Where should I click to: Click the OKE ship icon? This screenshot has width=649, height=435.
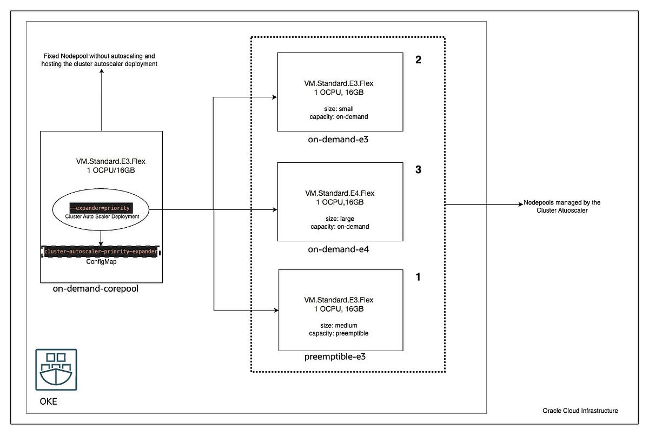tap(56, 370)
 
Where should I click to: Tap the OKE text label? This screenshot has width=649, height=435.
tap(49, 402)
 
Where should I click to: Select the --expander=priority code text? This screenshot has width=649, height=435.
tap(101, 208)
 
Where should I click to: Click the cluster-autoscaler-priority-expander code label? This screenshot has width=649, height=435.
tap(101, 252)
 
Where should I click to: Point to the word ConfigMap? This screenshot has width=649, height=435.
tap(101, 261)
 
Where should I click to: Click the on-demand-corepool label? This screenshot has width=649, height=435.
tap(96, 289)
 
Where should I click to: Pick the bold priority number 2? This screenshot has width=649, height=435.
tap(418, 60)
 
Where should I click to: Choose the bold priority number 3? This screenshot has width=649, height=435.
tap(418, 170)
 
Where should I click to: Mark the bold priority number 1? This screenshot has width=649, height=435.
tap(418, 277)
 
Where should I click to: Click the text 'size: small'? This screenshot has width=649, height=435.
tap(339, 109)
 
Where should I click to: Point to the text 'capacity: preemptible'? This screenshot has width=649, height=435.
tap(339, 333)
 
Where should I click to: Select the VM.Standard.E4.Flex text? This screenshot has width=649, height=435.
tap(339, 193)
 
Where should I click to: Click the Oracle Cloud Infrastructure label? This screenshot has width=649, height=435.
tap(580, 411)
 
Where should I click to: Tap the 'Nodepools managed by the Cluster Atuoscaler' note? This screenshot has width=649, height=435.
tap(561, 207)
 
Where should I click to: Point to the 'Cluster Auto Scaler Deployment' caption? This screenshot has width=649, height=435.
tap(101, 216)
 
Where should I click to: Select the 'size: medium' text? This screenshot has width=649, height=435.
tap(339, 325)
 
